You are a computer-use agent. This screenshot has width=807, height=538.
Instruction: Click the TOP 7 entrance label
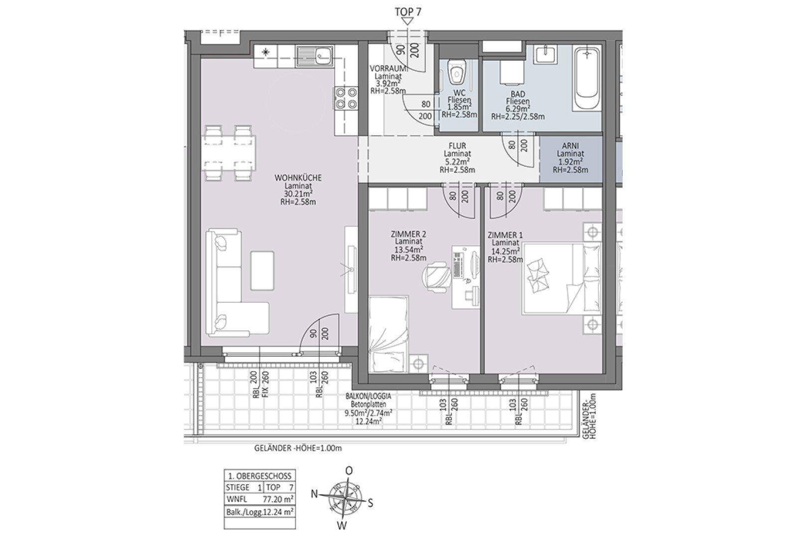(x=408, y=11)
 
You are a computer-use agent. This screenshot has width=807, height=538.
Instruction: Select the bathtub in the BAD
(x=587, y=79)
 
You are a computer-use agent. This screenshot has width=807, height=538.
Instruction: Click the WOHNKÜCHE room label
(x=298, y=178)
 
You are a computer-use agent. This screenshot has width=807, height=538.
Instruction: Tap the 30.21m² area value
(x=298, y=194)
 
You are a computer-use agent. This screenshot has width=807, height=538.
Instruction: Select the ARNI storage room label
(x=570, y=146)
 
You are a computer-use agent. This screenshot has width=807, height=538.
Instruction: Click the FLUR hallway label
(x=457, y=146)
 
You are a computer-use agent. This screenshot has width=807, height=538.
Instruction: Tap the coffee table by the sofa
(x=262, y=270)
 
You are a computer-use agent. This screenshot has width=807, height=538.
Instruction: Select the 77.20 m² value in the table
(x=277, y=500)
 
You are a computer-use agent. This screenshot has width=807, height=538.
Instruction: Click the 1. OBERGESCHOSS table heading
(x=260, y=476)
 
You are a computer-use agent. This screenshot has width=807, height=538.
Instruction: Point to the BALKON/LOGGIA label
(x=368, y=396)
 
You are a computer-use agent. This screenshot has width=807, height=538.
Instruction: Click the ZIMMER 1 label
(x=505, y=235)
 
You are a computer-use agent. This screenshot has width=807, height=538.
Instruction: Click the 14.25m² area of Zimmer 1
(x=505, y=251)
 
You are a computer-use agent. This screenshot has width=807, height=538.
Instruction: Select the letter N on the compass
(x=314, y=494)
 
